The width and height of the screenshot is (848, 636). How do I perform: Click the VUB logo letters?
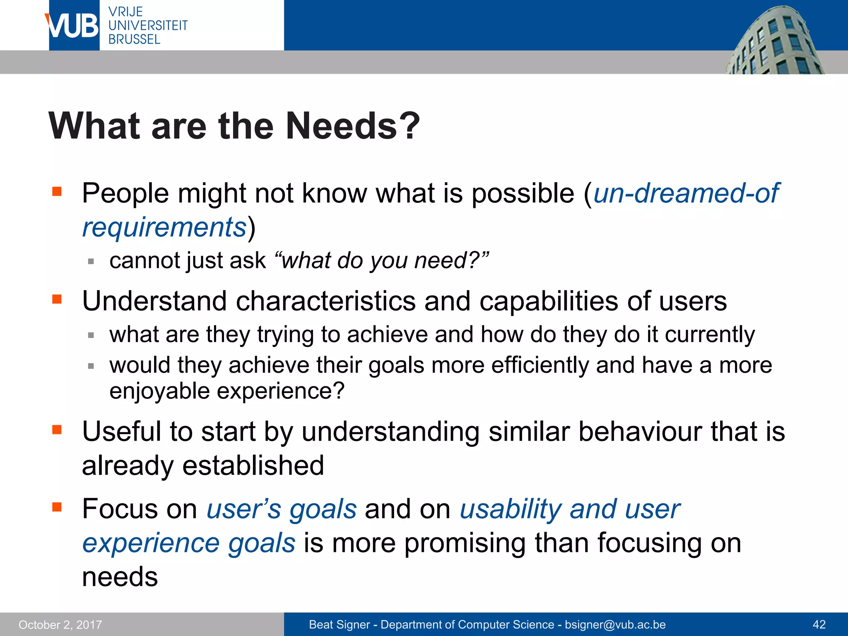pyautogui.click(x=73, y=26)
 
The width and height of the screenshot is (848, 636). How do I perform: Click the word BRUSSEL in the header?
pyautogui.click(x=134, y=39)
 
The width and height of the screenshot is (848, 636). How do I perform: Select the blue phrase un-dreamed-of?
pyautogui.click(x=686, y=193)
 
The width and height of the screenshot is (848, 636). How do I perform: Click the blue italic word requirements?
pyautogui.click(x=164, y=227)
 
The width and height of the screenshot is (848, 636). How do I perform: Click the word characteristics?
pyautogui.click(x=325, y=301)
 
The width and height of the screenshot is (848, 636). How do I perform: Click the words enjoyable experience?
pyautogui.click(x=226, y=391)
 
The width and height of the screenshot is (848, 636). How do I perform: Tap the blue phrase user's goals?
pyautogui.click(x=282, y=509)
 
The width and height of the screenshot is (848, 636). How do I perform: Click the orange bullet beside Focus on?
pyautogui.click(x=57, y=507)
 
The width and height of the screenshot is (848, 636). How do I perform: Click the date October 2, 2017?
pyautogui.click(x=60, y=625)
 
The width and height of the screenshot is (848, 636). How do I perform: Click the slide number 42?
pyautogui.click(x=819, y=625)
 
